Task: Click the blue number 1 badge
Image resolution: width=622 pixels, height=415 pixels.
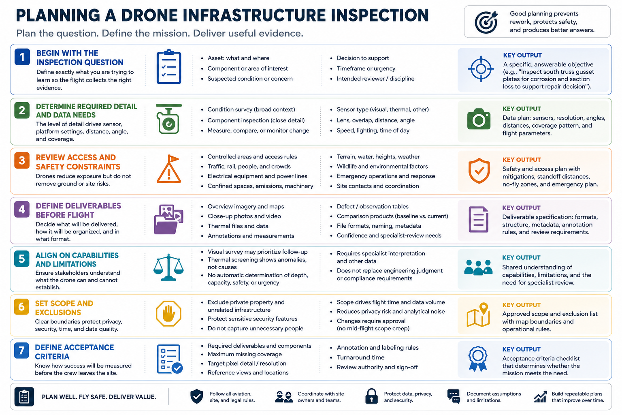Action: pos(22,57)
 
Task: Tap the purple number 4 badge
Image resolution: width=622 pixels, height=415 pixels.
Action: pos(21,209)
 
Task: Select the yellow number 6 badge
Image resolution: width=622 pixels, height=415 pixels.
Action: pos(21,307)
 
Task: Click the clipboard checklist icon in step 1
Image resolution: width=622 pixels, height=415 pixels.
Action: pos(169,67)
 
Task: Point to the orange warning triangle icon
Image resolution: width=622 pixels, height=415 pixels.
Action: pos(169,169)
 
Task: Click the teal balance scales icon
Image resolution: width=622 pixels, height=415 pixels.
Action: pos(168,267)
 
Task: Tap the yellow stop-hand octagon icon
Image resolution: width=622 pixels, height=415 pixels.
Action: pos(168,313)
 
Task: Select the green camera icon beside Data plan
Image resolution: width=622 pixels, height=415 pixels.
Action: pos(479,119)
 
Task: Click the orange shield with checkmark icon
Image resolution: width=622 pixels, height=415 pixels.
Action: pos(479,171)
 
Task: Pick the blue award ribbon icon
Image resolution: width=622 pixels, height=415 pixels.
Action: pos(477,358)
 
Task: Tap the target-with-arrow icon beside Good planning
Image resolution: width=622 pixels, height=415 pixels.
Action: pos(486,22)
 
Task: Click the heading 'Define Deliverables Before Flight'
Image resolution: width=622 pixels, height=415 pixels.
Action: pos(78,210)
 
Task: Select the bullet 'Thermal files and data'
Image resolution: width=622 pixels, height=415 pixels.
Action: pos(238,226)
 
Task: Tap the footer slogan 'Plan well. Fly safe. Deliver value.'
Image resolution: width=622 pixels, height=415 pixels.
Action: pos(99,397)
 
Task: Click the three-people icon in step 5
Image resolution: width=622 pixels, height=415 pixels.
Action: pos(478,267)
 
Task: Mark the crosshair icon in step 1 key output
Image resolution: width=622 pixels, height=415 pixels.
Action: pos(481,69)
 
